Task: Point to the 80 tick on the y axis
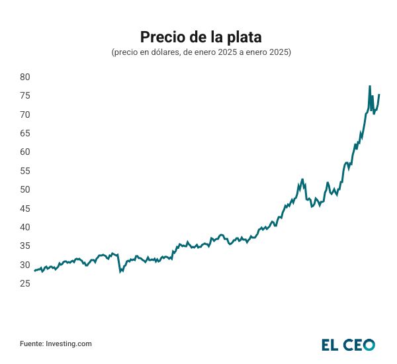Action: [x=26, y=77]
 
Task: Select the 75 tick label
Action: [x=26, y=95]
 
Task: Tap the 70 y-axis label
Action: [x=26, y=114]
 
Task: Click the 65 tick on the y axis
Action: [x=26, y=133]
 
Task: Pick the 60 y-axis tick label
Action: [x=26, y=152]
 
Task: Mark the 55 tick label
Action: [x=26, y=171]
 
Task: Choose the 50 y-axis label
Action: [x=26, y=189]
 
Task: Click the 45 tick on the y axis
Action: [x=26, y=208]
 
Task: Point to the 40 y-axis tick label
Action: [x=26, y=227]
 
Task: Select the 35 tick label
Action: [x=26, y=246]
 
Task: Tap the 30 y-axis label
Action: [x=26, y=265]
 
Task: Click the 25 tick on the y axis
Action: [x=26, y=283]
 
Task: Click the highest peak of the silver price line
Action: [x=370, y=86]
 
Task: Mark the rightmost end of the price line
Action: [x=379, y=95]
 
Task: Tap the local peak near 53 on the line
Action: [x=302, y=179]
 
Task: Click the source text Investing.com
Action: [x=56, y=343]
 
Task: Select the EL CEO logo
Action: [x=348, y=344]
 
